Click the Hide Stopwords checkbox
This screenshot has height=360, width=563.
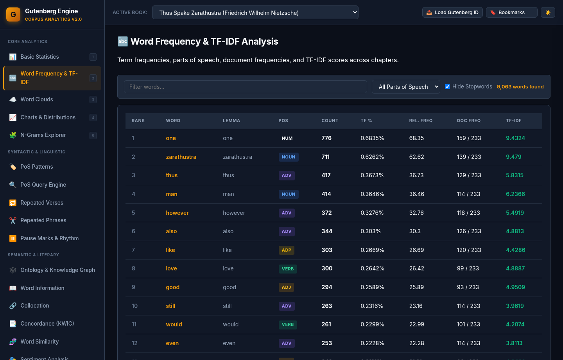coord(447,87)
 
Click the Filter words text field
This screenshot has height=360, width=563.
coord(245,87)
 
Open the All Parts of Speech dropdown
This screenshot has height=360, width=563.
coord(406,87)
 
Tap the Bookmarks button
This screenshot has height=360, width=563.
coord(511,13)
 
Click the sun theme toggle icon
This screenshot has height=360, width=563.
coord(548,13)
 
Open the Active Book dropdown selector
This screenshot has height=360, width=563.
coord(255,13)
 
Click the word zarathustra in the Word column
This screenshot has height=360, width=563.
coord(181,157)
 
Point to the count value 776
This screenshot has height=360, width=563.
coord(326,138)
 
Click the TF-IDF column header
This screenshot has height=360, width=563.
coord(514,121)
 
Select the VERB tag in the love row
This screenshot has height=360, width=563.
coord(288,269)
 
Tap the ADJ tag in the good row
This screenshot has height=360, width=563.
coord(286,287)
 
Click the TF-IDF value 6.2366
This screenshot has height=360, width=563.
coord(515,194)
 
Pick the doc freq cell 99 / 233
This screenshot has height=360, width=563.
coord(468,269)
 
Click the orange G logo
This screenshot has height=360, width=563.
coord(13,14)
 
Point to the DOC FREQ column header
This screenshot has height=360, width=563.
coord(469,121)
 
